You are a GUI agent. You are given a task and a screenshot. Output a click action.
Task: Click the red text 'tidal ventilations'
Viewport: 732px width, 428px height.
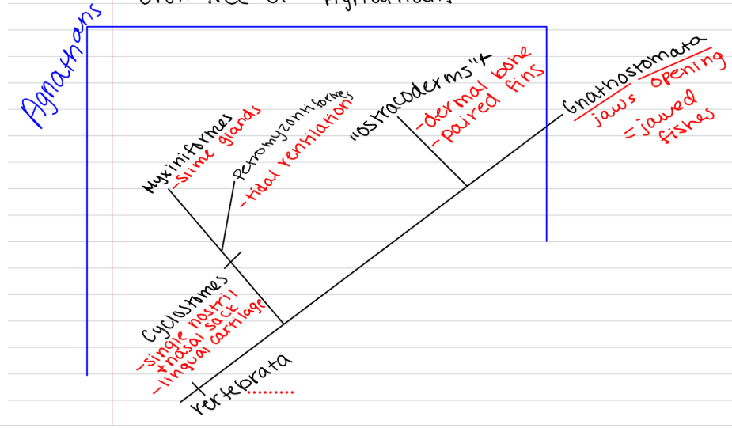(297, 154)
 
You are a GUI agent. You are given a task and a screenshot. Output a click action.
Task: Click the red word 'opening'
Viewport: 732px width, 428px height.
(685, 72)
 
